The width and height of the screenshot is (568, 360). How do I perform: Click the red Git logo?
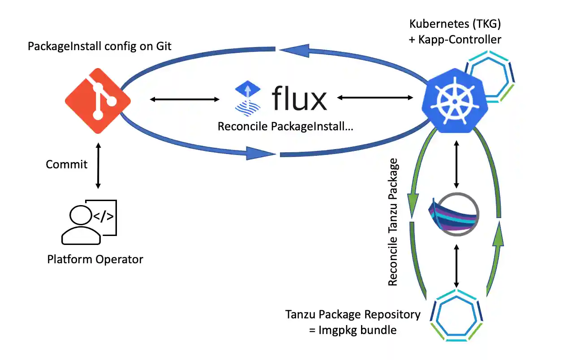98,101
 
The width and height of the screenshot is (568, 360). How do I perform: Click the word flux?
299,99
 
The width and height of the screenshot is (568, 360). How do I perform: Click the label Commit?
66,164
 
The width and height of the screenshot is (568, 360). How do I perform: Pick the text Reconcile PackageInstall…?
285,127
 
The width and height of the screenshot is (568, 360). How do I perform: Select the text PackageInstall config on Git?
99,46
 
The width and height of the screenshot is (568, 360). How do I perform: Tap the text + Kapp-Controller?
455,39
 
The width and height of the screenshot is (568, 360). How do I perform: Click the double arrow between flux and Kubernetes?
375,97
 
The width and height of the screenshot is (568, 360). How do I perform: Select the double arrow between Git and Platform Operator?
98,165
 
